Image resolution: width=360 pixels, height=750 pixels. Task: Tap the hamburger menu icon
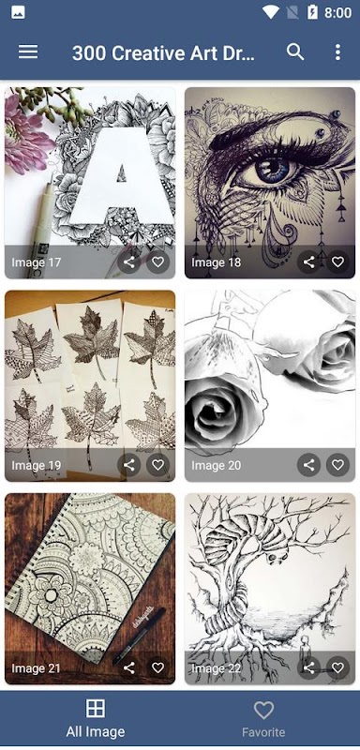tap(28, 52)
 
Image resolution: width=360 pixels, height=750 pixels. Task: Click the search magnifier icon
tap(295, 52)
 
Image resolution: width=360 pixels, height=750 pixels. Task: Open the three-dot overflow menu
tap(337, 52)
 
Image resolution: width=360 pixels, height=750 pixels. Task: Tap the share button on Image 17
tap(129, 262)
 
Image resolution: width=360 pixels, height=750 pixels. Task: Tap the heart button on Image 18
tap(338, 262)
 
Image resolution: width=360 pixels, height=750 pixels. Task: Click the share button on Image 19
tap(129, 464)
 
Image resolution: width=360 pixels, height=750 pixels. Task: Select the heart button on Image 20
tap(338, 464)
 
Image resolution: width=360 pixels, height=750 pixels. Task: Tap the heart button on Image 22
tap(338, 667)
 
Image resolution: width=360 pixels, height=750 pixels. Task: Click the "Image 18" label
tap(217, 262)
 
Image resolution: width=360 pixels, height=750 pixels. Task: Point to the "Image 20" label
tap(217, 465)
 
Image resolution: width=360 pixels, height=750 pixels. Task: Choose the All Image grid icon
tap(95, 709)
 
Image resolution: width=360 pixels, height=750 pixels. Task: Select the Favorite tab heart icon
tap(263, 710)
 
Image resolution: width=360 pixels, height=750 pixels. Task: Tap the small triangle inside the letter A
tap(122, 172)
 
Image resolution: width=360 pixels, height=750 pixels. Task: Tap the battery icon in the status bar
tap(313, 12)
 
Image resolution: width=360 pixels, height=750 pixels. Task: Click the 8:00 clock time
tap(337, 12)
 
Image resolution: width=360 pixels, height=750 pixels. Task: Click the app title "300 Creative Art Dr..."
tap(163, 52)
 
